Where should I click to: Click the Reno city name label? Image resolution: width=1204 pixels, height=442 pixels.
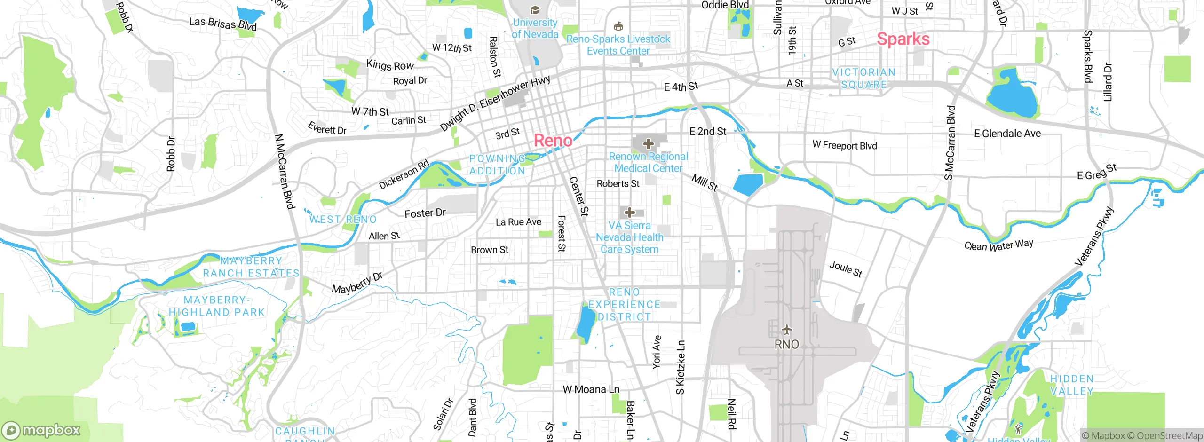[553, 141]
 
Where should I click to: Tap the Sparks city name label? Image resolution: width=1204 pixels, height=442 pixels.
[903, 39]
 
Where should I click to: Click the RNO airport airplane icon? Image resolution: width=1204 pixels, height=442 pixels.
[786, 329]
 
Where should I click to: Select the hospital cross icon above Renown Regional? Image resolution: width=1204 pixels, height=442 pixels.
[648, 144]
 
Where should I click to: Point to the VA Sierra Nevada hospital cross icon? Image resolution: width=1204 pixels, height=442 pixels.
[630, 213]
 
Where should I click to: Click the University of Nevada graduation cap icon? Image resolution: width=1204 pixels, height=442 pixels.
[535, 10]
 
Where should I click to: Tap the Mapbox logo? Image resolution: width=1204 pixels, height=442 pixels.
[41, 430]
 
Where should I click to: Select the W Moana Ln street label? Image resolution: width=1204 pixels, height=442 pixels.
[591, 389]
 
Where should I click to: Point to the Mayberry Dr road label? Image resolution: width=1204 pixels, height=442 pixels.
[357, 283]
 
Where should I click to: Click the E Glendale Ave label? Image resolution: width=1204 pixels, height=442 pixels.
[1007, 134]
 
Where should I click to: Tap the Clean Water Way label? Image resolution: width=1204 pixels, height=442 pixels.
[998, 245]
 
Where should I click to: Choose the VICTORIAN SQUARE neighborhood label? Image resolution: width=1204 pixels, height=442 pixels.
[863, 79]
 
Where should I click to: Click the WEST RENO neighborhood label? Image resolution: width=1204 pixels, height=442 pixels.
[343, 220]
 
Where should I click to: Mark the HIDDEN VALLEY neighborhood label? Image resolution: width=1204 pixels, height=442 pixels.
[1072, 385]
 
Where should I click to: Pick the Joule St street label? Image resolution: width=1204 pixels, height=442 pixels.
[845, 269]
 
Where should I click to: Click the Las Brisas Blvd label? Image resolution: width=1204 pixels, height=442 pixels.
[222, 24]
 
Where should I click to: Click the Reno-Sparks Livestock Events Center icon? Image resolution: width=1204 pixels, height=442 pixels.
[618, 26]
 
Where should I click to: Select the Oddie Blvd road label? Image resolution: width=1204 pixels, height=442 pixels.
[725, 5]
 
